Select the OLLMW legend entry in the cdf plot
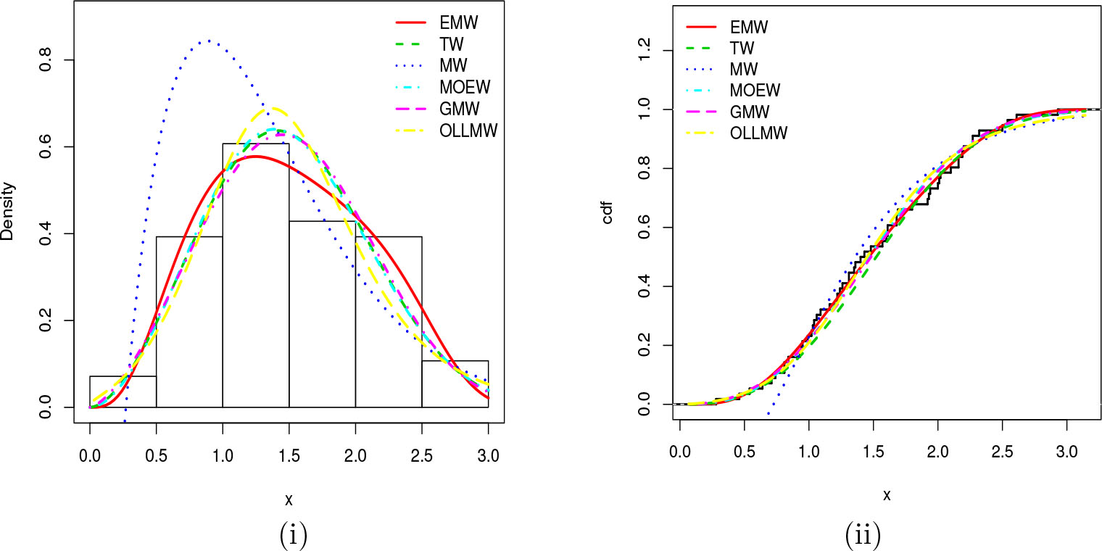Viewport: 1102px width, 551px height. (x=758, y=133)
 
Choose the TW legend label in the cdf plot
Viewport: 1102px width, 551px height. (x=742, y=49)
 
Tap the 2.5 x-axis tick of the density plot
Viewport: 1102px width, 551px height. (x=421, y=457)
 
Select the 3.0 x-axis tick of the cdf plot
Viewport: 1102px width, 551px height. (x=1066, y=457)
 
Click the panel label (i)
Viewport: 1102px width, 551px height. (x=292, y=535)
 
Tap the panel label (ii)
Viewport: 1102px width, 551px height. (x=863, y=535)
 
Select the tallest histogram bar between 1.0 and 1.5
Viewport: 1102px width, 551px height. (x=255, y=275)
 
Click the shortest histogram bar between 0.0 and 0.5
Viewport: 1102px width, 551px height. (x=123, y=391)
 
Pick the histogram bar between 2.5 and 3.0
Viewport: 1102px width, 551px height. (x=455, y=384)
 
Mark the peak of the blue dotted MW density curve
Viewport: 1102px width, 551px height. (x=208, y=41)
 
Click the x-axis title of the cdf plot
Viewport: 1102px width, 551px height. (x=886, y=496)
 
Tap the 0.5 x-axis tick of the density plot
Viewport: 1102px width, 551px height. (x=156, y=457)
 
